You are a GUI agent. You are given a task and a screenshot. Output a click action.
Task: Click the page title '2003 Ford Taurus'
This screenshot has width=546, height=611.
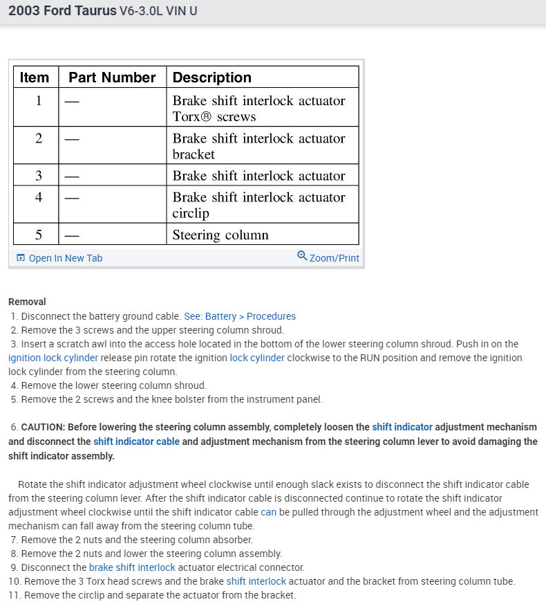coord(62,12)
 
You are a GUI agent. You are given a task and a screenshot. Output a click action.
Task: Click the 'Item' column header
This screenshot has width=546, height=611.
coord(35,77)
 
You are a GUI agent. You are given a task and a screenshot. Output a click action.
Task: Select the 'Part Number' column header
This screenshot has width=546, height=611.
coord(112,77)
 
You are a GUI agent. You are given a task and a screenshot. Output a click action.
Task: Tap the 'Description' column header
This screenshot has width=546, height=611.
coord(211,77)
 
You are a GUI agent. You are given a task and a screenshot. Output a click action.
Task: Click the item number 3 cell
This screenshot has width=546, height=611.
coord(39,176)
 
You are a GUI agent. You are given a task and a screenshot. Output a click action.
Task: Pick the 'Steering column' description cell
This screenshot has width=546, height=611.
coord(220,235)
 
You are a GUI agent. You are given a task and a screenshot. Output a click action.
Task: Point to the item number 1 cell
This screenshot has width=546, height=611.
coord(39,101)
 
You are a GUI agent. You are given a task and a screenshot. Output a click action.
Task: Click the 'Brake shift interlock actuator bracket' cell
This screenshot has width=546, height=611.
coord(258,146)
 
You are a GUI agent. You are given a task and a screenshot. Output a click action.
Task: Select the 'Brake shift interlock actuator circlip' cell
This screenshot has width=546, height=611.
coord(258,205)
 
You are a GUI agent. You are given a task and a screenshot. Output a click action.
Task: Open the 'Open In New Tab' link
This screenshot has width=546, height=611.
coord(65,258)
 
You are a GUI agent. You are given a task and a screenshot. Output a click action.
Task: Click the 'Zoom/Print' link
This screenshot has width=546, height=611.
coord(334,258)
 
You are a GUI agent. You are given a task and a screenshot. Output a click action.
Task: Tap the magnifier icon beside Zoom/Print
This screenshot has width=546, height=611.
coord(302,256)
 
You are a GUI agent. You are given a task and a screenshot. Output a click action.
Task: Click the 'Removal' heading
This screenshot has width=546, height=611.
coord(27,302)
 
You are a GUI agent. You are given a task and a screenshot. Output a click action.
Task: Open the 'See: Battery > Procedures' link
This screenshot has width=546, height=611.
coord(239,316)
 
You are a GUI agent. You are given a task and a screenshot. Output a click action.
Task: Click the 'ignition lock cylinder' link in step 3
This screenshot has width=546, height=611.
coord(53,358)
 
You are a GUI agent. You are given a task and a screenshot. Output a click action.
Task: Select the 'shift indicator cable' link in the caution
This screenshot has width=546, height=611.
coord(136,441)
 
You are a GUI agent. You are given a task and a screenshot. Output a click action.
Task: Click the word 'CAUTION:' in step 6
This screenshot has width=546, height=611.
coord(43,427)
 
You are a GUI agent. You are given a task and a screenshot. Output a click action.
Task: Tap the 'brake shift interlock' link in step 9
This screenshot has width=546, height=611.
coord(132,567)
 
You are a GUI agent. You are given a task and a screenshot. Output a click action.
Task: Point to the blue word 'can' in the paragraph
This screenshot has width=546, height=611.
coord(268,512)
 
